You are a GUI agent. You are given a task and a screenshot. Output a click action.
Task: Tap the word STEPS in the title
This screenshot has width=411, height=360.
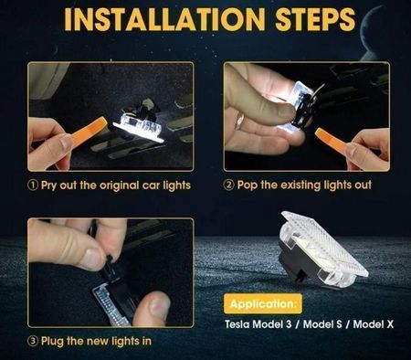tap(315, 19)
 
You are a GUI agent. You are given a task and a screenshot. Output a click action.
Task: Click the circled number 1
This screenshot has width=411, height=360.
tap(33, 185)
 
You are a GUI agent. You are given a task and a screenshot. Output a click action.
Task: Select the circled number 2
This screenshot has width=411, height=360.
tap(228, 185)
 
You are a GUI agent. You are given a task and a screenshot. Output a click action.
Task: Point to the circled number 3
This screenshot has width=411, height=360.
tap(33, 341)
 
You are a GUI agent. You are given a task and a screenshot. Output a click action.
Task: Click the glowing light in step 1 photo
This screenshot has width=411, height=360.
tap(139, 128)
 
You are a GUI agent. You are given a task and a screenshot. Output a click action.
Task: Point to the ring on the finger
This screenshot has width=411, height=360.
tap(240, 121)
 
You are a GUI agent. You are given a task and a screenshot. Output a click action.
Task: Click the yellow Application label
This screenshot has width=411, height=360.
tap(263, 303)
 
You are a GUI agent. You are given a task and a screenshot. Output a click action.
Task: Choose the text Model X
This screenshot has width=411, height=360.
tap(374, 324)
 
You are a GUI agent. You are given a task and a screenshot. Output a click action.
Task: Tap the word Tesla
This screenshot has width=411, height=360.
tap(237, 324)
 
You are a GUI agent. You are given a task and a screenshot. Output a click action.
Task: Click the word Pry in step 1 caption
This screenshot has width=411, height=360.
tap(49, 185)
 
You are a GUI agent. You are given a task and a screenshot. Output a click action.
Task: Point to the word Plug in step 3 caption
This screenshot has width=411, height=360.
tap(52, 341)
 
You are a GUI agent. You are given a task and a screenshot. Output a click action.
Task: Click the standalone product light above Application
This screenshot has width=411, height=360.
tap(323, 249)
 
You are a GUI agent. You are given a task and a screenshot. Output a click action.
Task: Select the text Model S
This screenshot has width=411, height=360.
tap(322, 324)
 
